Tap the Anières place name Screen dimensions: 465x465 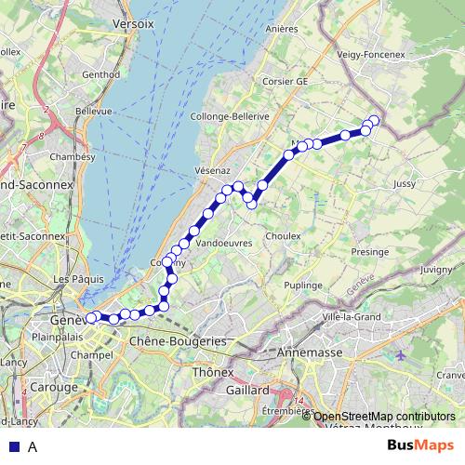[280, 29]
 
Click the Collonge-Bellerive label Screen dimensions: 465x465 [230, 116]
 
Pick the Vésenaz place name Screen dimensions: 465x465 [212, 170]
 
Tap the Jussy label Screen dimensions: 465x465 [405, 184]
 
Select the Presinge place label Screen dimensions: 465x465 [370, 252]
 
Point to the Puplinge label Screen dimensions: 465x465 [303, 285]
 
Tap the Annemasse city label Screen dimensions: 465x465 [311, 353]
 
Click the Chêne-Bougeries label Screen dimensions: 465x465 [178, 341]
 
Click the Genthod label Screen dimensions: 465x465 [101, 74]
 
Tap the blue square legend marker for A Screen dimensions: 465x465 [13, 446]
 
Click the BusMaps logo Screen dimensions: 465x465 [419, 445]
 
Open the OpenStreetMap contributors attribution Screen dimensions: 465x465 [384, 417]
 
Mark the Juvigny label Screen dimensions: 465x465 [436, 270]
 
